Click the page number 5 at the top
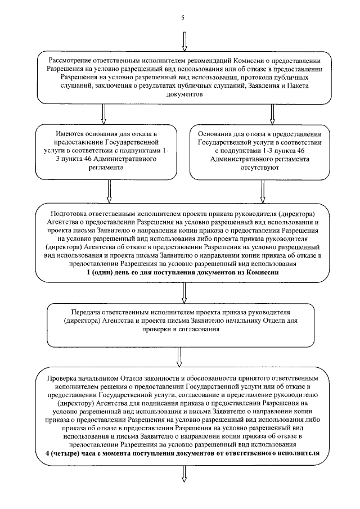tap(183, 17)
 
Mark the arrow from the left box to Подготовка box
tap(109, 192)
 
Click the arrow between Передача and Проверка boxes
tap(180, 355)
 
